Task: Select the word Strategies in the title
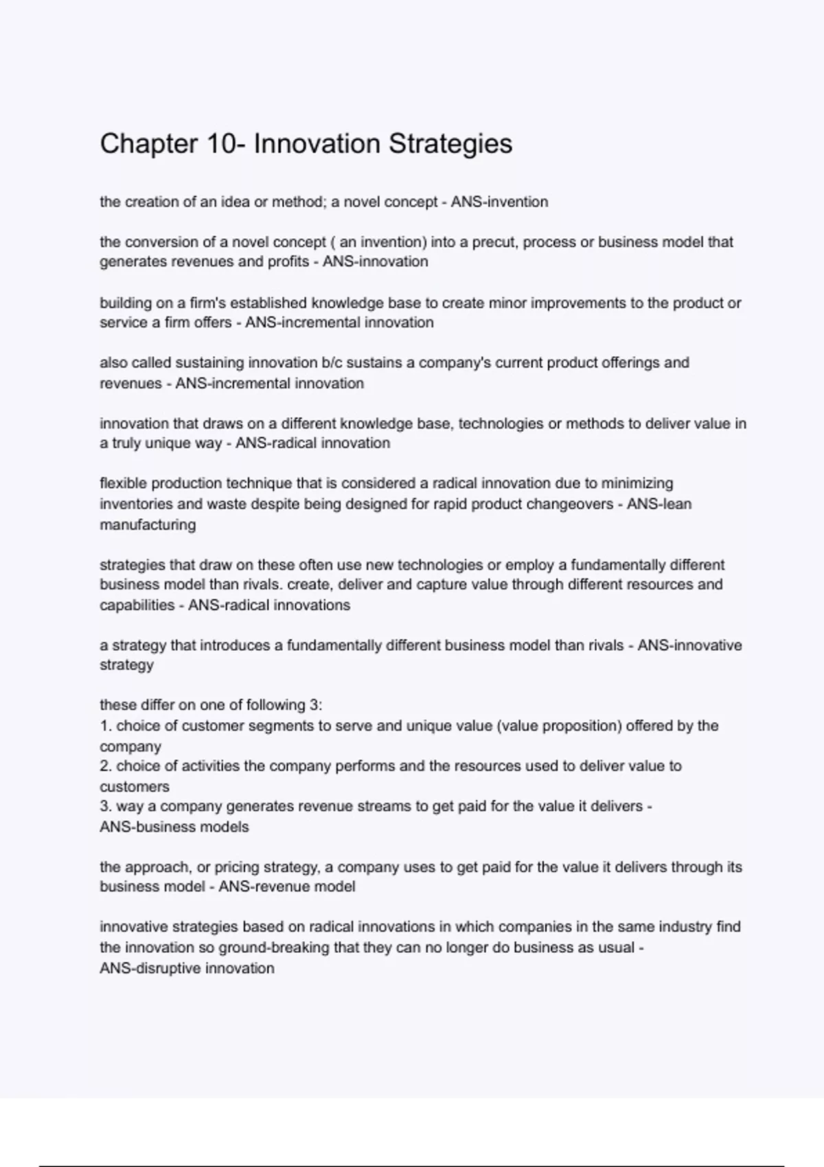450,144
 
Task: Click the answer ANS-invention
499,202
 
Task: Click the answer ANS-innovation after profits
376,262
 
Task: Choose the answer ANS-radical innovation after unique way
312,443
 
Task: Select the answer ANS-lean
659,504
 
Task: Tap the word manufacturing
148,524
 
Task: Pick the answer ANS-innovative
689,645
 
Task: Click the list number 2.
106,766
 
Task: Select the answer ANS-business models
174,827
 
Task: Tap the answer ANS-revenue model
287,887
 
